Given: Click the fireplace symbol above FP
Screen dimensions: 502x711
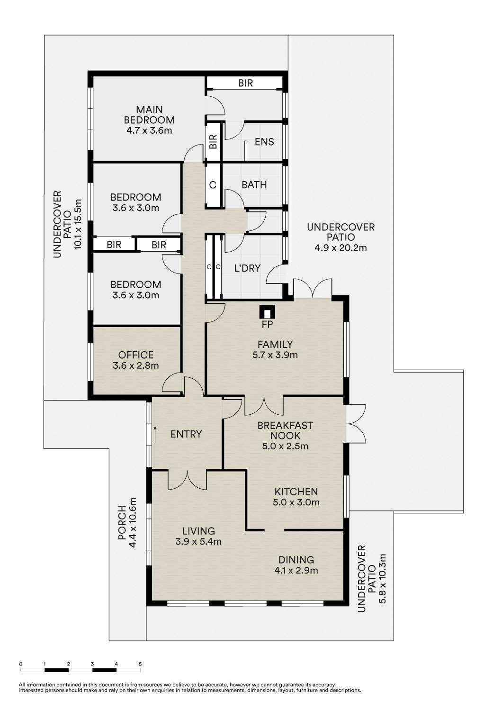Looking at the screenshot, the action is (x=267, y=312).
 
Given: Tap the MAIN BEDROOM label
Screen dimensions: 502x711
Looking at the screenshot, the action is (x=149, y=115).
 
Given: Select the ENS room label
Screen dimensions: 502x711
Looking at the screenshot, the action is (x=264, y=142).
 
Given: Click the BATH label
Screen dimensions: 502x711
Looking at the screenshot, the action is (x=254, y=185).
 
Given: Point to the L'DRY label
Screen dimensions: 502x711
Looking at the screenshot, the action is (x=247, y=268).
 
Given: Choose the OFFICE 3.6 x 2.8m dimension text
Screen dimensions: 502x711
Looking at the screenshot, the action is (x=136, y=365).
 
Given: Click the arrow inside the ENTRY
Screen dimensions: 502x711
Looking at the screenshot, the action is (x=155, y=435).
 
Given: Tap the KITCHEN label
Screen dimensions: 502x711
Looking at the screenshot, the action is (x=296, y=492).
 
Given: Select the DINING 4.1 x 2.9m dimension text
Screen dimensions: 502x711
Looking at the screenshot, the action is (x=296, y=570).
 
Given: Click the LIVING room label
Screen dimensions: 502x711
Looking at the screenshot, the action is (x=198, y=531).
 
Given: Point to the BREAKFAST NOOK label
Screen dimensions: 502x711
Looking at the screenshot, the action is (x=285, y=430).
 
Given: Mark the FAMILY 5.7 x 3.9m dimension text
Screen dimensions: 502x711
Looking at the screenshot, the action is (x=275, y=355).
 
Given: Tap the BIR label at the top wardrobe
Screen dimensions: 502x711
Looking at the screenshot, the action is (x=245, y=83).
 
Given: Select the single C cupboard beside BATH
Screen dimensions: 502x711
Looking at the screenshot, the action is (x=213, y=185).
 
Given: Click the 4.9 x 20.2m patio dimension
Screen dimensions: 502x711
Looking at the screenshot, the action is (x=341, y=247).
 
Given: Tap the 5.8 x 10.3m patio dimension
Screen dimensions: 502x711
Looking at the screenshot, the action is (x=382, y=579).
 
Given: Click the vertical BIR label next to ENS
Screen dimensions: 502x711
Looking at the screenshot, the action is (x=213, y=142).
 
